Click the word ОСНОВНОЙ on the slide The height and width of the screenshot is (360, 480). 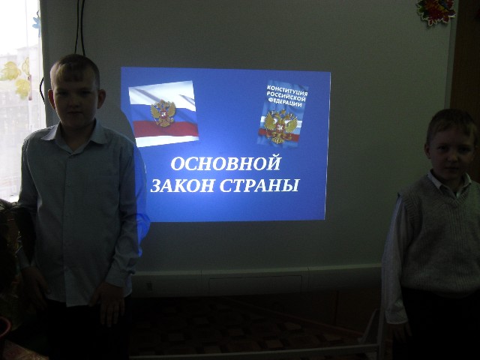pos(226,163)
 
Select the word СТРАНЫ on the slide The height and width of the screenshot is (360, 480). pos(259,185)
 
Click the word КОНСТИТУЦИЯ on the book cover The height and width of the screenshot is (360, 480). pos(287,90)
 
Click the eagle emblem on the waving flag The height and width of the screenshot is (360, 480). pos(163,113)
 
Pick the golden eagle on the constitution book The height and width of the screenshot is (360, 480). pos(280,127)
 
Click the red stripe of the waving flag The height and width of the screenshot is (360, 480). pos(166,129)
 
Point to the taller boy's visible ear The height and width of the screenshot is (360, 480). pos(102,98)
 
